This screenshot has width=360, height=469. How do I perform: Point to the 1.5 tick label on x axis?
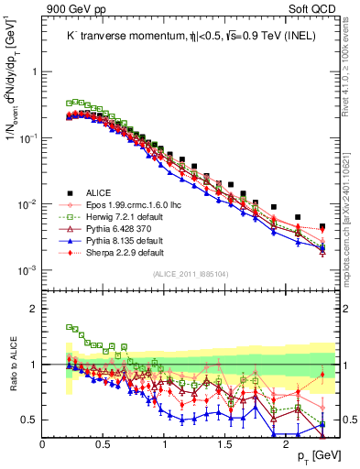coord(224,442)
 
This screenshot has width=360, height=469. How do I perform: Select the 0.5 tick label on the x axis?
coord(104,442)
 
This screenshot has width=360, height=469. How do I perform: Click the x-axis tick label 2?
coord(286,442)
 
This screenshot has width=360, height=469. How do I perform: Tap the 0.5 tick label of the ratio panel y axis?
coord(29,420)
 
